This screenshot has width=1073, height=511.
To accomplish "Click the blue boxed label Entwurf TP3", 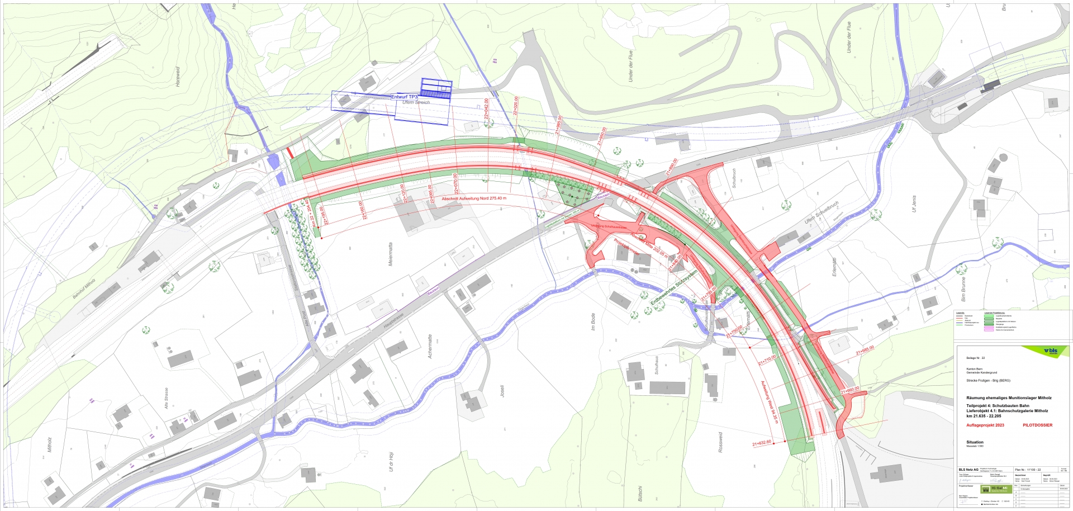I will click(x=404, y=97).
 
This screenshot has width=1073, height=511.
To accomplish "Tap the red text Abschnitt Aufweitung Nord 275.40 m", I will click(x=474, y=198).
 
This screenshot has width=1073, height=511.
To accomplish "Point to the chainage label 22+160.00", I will click(x=363, y=210).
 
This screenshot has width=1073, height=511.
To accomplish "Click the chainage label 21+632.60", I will click(x=762, y=443).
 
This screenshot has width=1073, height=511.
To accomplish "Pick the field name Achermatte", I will click(x=430, y=346).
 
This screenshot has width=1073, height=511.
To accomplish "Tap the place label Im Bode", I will click(x=593, y=321).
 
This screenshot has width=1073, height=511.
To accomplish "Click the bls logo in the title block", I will click(x=1050, y=351).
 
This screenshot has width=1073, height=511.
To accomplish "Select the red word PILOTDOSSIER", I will click(x=1037, y=425).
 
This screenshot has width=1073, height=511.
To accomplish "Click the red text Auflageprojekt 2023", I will click(x=985, y=425).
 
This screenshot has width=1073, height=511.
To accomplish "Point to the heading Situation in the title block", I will click(x=975, y=442).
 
